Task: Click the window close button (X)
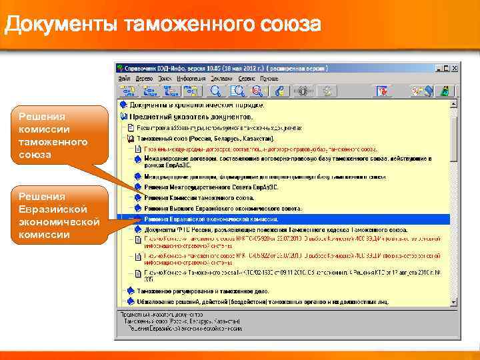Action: click(455, 67)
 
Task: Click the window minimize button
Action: click(439, 67)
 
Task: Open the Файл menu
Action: click(125, 78)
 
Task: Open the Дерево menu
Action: click(144, 78)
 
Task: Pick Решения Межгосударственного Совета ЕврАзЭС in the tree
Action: click(211, 187)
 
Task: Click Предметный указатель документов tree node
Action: click(191, 116)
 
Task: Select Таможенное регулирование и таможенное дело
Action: click(201, 291)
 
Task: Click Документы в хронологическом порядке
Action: click(197, 105)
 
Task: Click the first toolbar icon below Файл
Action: click(125, 91)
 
